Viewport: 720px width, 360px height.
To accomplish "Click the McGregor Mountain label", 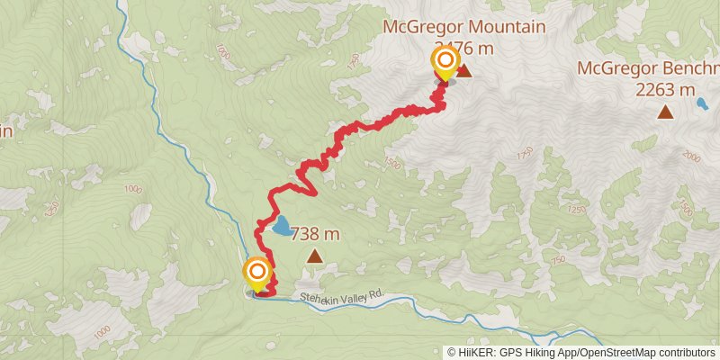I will click(463, 27).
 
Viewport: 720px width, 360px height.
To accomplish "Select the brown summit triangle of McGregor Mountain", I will click(464, 70).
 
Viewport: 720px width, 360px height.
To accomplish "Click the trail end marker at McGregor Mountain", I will click(445, 62).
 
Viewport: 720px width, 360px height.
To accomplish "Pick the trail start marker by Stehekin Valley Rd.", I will click(257, 272).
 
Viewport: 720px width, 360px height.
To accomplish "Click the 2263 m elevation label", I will click(665, 89).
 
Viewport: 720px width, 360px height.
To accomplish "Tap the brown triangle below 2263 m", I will click(665, 112).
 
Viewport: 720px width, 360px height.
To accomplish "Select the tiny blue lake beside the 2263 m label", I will click(701, 104).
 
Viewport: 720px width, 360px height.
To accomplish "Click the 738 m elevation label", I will click(314, 235).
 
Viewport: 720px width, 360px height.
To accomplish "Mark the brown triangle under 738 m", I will click(314, 257).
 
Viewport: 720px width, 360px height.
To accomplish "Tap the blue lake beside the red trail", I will click(281, 227).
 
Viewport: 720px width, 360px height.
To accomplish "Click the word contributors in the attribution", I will click(684, 353).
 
